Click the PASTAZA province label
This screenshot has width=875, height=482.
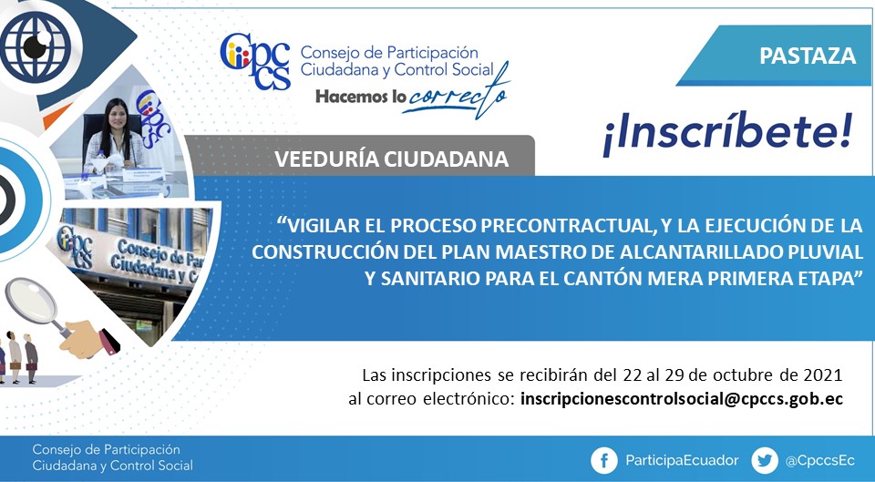pos(808,56)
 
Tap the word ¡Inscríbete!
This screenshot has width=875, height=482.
pos(727,133)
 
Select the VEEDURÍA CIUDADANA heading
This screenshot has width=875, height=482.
pos(391,159)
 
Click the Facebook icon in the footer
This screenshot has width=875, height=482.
pos(604,461)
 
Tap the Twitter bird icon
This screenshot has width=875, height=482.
pos(765,461)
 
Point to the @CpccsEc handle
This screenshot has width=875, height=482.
pos(819,461)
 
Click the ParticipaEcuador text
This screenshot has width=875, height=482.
pos(682,461)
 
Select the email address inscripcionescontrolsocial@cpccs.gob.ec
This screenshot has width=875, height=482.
pos(682,399)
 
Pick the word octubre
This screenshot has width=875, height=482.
pos(736,374)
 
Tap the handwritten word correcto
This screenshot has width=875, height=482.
pos(457,94)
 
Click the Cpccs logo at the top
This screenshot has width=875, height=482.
pos(255,61)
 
